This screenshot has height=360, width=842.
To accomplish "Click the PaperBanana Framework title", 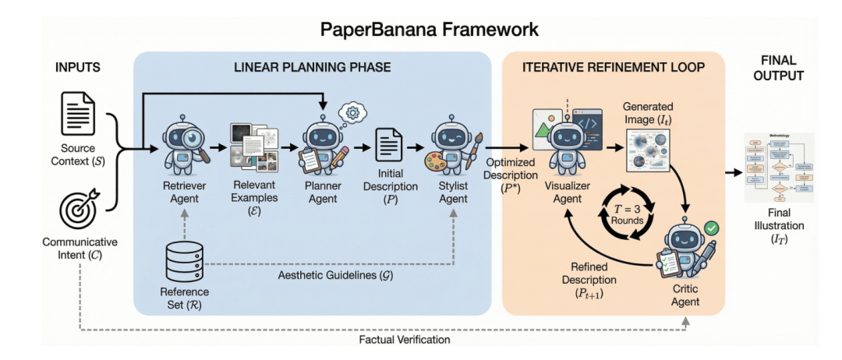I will point(421,30).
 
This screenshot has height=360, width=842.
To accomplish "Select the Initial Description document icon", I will point(389,146).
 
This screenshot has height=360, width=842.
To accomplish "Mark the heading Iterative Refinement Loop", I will point(614,68).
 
